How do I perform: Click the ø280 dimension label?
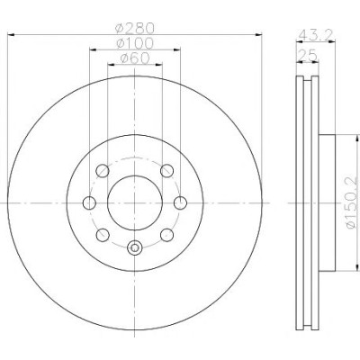click(x=135, y=28)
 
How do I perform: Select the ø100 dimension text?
click(x=135, y=43)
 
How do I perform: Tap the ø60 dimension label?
click(x=135, y=58)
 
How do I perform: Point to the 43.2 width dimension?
click(x=316, y=36)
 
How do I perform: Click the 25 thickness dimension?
click(x=307, y=56)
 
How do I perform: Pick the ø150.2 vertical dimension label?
click(x=352, y=202)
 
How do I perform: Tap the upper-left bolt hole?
click(x=103, y=171)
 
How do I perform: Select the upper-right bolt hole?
click(x=166, y=171)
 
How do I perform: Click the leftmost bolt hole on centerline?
click(x=89, y=203)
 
